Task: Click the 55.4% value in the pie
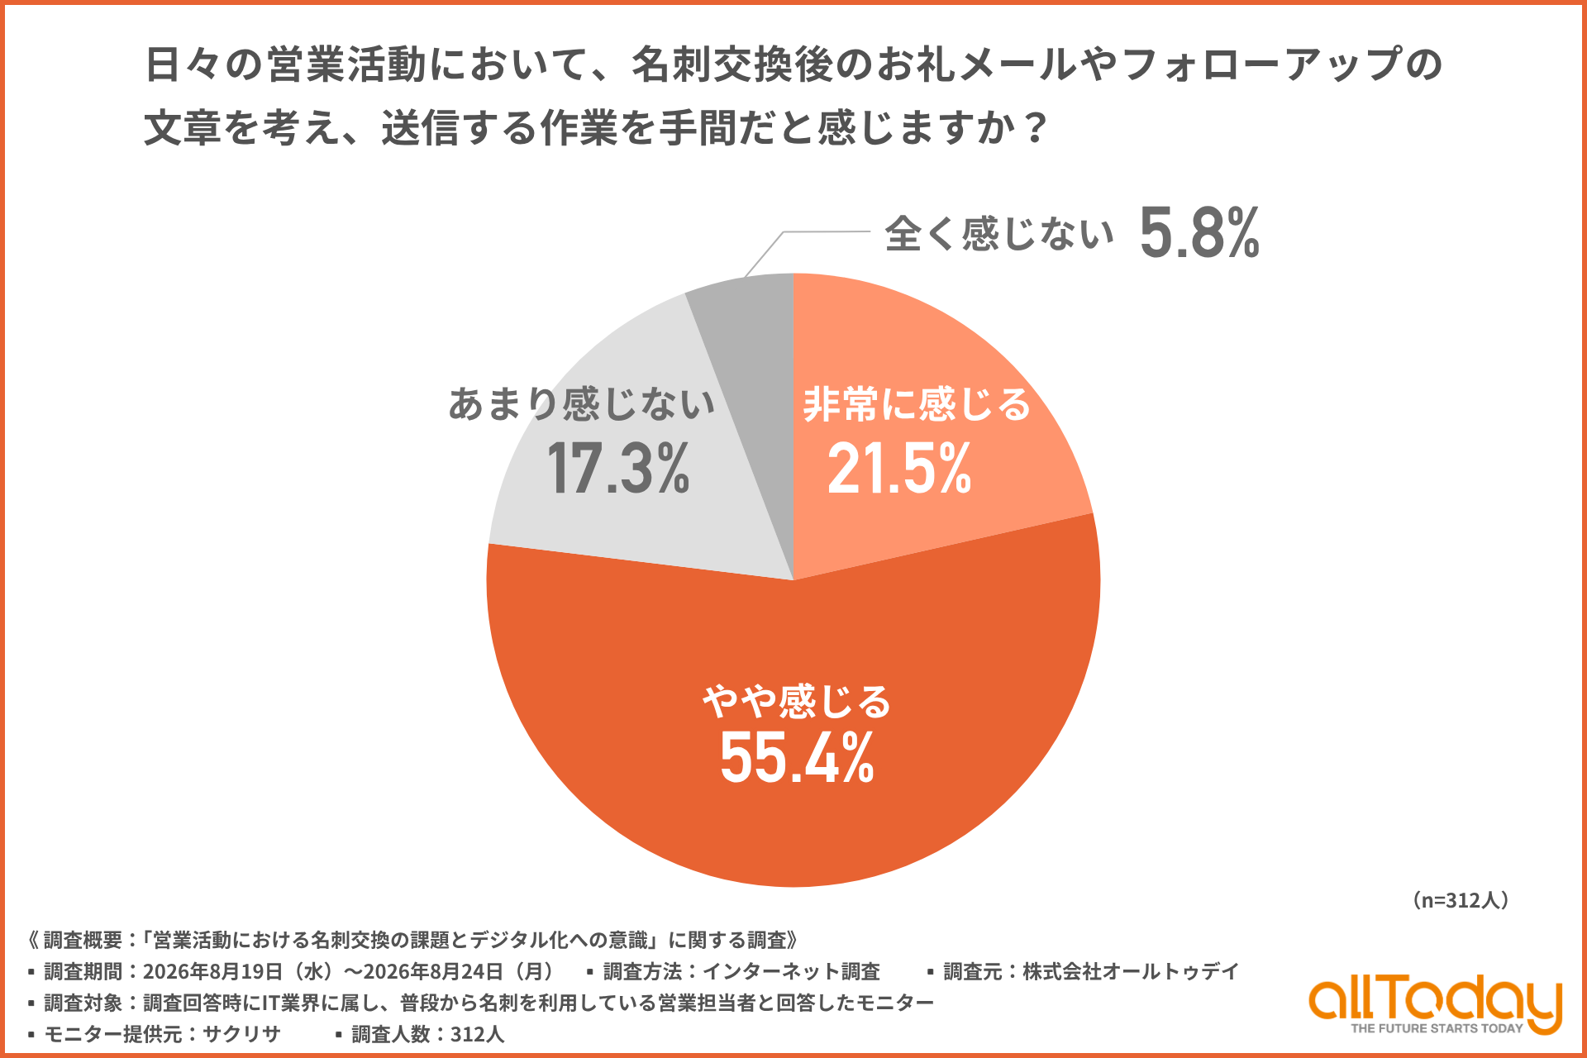pos(797,757)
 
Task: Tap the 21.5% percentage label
pos(899,469)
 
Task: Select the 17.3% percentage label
pos(617,469)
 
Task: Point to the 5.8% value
pos(1199,233)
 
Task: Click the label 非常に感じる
pos(917,404)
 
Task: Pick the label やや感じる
pos(797,701)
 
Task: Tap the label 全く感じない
pos(999,233)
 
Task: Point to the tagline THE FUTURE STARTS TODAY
pos(1437,1028)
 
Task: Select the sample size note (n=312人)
pos(1461,900)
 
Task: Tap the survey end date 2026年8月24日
pos(434,971)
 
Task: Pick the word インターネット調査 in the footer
pos(791,971)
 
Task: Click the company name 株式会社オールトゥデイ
pos(1131,971)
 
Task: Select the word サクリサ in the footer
pos(241,1034)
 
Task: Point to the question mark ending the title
pos(1035,128)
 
